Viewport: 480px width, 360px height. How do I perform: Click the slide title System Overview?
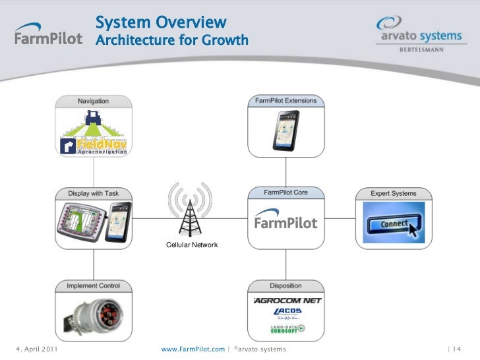pyautogui.click(x=161, y=22)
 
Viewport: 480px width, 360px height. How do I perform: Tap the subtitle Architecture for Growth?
pyautogui.click(x=172, y=41)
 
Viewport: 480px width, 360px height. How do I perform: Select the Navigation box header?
pyautogui.click(x=93, y=102)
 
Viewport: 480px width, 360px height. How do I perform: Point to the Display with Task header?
pyautogui.click(x=93, y=194)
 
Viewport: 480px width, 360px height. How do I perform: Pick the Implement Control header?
pyautogui.click(x=93, y=286)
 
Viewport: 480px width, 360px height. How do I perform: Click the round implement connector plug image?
pyautogui.click(x=93, y=315)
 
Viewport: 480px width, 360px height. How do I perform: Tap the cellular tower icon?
pyautogui.click(x=190, y=209)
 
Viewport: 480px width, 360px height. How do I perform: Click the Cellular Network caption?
pyautogui.click(x=191, y=245)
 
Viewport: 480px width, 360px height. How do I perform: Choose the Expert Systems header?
pyautogui.click(x=394, y=194)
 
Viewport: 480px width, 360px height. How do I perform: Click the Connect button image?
pyautogui.click(x=394, y=224)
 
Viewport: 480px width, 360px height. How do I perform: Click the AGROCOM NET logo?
pyautogui.click(x=287, y=301)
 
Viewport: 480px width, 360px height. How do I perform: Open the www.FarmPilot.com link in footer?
pyautogui.click(x=193, y=348)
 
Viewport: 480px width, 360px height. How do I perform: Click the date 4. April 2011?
pyautogui.click(x=36, y=348)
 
